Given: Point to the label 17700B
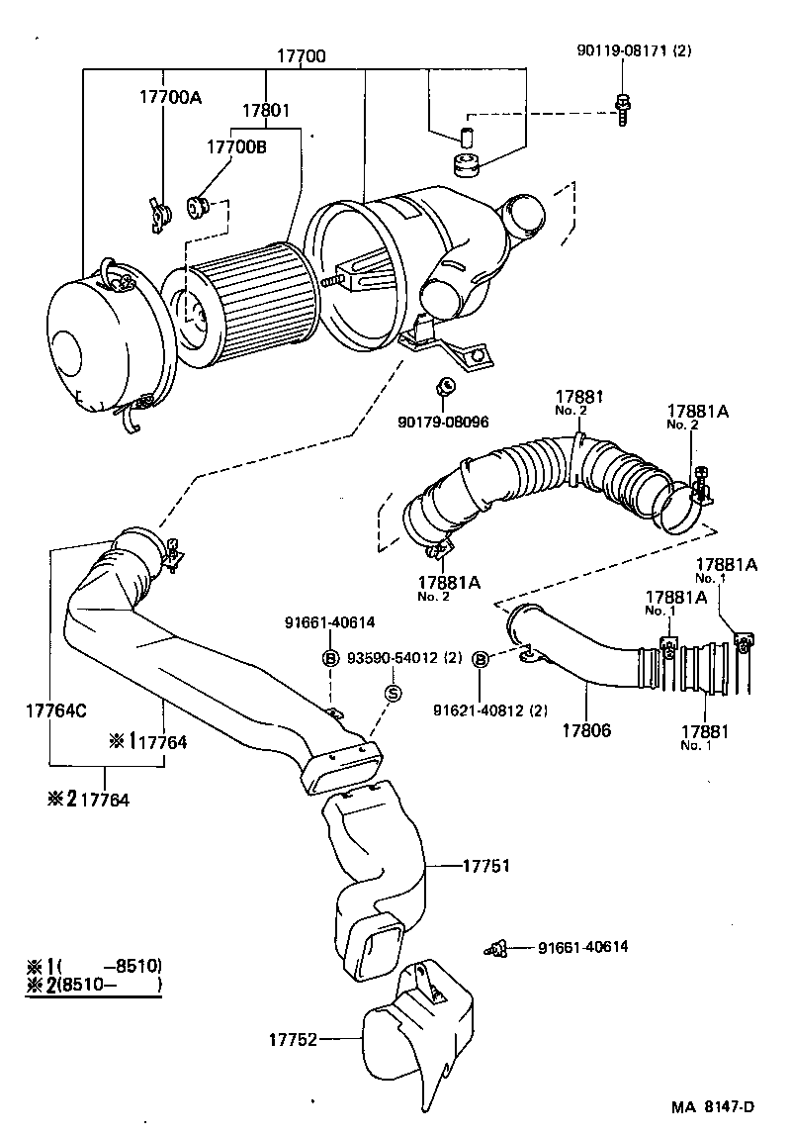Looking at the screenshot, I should coord(236,147).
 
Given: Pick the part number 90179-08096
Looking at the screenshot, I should coord(444,421).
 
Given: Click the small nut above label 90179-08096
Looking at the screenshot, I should coord(444,386).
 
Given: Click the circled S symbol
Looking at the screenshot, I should coord(392,693).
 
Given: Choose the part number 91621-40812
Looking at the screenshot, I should coord(535,709).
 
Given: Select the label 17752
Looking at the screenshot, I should coord(292,1039).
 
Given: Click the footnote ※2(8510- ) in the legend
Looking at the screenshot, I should coord(94,985).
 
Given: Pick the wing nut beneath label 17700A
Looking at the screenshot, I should coord(160,215).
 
